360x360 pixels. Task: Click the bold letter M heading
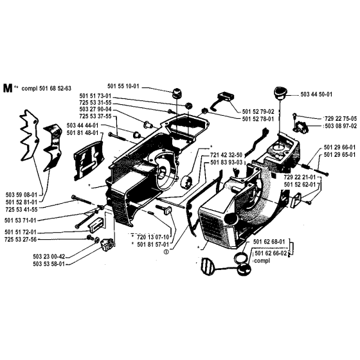click(8, 88)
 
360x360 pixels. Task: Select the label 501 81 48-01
click(83, 133)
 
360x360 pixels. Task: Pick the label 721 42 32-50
click(226, 154)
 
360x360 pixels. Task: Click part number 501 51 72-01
click(22, 231)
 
